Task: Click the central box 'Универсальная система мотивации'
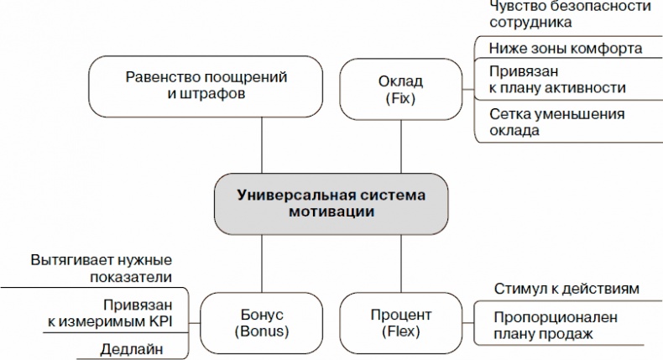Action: (x=331, y=203)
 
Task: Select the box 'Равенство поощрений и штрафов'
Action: (x=206, y=86)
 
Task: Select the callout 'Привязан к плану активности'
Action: (x=558, y=79)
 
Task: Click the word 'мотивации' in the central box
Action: (x=331, y=212)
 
